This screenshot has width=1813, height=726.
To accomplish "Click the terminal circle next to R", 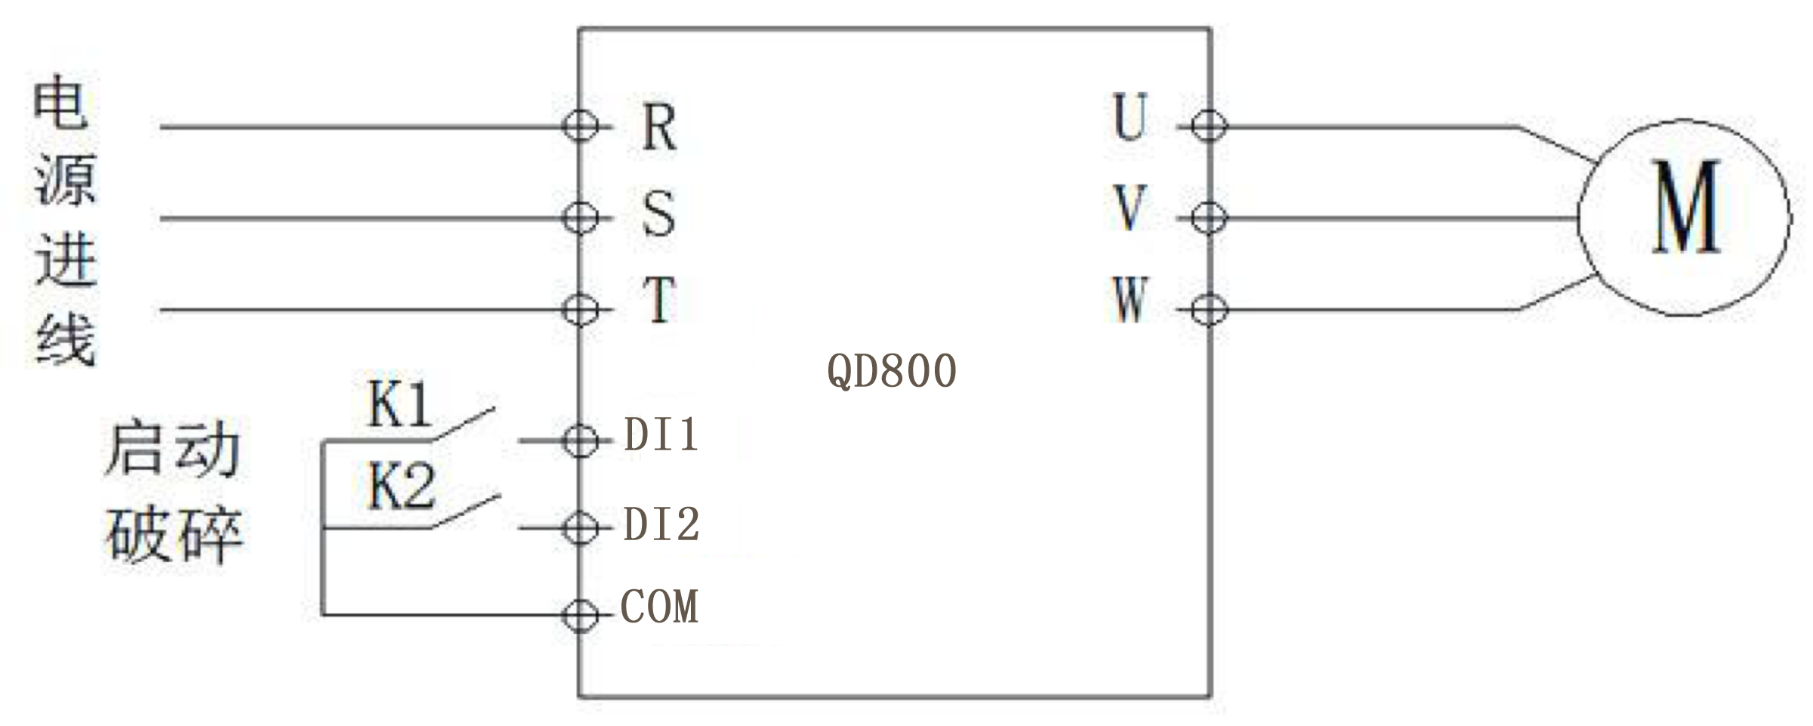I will pyautogui.click(x=580, y=126).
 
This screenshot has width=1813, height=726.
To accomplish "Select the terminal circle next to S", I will pyautogui.click(x=580, y=218).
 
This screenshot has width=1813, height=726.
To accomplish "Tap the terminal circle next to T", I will pyautogui.click(x=580, y=310).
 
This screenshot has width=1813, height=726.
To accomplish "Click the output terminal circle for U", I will pyautogui.click(x=1209, y=126).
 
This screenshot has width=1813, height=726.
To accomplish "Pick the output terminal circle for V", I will pyautogui.click(x=1209, y=218).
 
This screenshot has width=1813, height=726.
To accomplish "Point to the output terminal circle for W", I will pyautogui.click(x=1209, y=310).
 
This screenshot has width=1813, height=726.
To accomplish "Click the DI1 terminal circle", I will pyautogui.click(x=580, y=440).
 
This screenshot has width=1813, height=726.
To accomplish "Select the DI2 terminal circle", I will pyautogui.click(x=580, y=527).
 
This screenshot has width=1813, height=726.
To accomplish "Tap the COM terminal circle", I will pyautogui.click(x=580, y=615).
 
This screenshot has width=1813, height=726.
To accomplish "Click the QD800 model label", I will pyautogui.click(x=892, y=371).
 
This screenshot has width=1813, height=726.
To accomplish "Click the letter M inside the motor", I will pyautogui.click(x=1686, y=207).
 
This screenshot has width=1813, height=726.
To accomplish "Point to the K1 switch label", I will pyautogui.click(x=399, y=405).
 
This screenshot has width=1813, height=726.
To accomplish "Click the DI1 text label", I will pyautogui.click(x=661, y=435).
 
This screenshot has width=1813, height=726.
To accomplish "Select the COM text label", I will pyautogui.click(x=659, y=607).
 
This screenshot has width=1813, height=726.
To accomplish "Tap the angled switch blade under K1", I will pyautogui.click(x=464, y=424).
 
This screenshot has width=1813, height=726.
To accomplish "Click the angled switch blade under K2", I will pyautogui.click(x=465, y=511).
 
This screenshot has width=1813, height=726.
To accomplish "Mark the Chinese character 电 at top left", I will pyautogui.click(x=61, y=103).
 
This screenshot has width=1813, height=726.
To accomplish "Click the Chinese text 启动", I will pyautogui.click(x=173, y=450).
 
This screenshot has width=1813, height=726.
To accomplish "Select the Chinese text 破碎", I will pyautogui.click(x=174, y=535).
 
